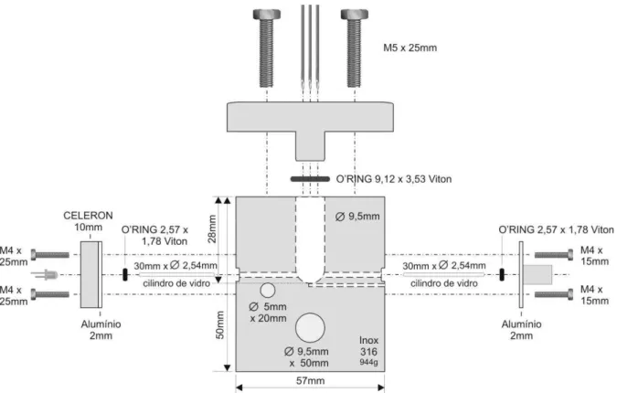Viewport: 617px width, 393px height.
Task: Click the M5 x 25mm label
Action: point(410,48)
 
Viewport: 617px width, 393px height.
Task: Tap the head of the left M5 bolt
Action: point(267,15)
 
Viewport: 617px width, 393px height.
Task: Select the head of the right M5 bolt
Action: point(355,15)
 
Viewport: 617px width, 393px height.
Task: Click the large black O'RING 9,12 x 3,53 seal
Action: point(310,179)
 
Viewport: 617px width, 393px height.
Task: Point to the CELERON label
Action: point(88,216)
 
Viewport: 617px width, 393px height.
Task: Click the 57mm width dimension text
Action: point(310,381)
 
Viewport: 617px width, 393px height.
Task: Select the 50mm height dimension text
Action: point(220,325)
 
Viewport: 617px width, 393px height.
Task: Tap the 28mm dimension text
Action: point(212,229)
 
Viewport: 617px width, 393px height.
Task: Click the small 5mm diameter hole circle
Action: point(268,291)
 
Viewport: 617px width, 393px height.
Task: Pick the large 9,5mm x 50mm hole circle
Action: point(310,328)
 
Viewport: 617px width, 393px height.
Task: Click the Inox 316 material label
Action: point(368,345)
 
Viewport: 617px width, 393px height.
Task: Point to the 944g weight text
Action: point(368,362)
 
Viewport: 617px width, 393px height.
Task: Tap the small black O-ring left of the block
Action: point(125,274)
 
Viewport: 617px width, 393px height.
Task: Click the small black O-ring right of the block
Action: point(502,274)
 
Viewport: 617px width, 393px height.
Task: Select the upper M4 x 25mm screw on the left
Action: point(50,255)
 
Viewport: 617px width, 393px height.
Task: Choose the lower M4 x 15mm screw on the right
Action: point(554,294)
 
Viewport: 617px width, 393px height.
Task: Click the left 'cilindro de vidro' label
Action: point(176,283)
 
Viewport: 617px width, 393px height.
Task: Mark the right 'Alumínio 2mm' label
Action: point(521,330)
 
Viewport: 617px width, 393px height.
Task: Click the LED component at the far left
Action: point(45,274)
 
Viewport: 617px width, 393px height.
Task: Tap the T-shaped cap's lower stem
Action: point(310,146)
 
